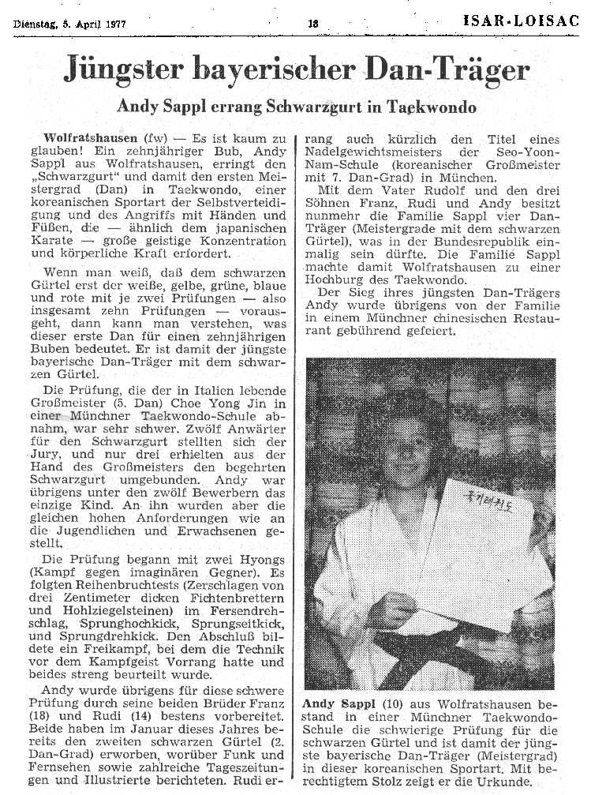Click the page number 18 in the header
pos(312,24)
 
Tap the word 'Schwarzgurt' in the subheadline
pos(306,107)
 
